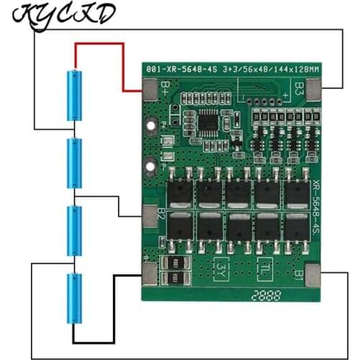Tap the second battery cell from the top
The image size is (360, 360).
(74, 162)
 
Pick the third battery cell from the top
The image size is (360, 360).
(74, 230)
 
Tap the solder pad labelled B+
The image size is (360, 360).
(150, 89)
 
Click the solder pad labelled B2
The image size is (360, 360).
(149, 215)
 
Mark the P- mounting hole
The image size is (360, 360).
(150, 168)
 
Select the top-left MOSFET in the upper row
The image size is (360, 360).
(180, 192)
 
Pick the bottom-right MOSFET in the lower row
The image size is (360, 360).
(297, 227)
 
